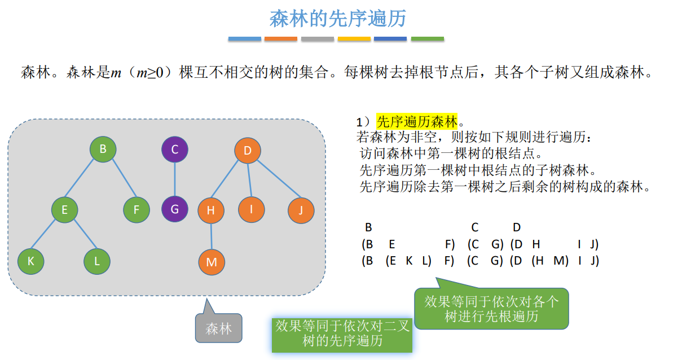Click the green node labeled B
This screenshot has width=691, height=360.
(x=103, y=150)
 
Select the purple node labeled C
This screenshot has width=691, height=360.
(x=174, y=150)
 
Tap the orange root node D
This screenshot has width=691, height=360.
(x=248, y=151)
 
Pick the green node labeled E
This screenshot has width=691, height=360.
(x=64, y=210)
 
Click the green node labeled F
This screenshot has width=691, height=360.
(x=137, y=210)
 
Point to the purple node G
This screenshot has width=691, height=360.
(x=174, y=209)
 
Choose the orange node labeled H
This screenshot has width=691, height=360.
(x=211, y=210)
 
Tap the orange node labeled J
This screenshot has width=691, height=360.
(x=301, y=210)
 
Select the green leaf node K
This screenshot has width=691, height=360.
(x=30, y=261)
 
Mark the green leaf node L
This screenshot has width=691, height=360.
(x=97, y=261)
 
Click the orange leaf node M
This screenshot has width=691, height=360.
(x=212, y=262)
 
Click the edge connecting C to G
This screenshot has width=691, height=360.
(x=174, y=179)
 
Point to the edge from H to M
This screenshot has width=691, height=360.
(x=212, y=236)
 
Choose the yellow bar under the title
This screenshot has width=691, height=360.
(x=354, y=39)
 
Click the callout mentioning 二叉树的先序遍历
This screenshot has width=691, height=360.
(x=342, y=333)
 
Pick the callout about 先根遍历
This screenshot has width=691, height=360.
(x=491, y=309)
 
